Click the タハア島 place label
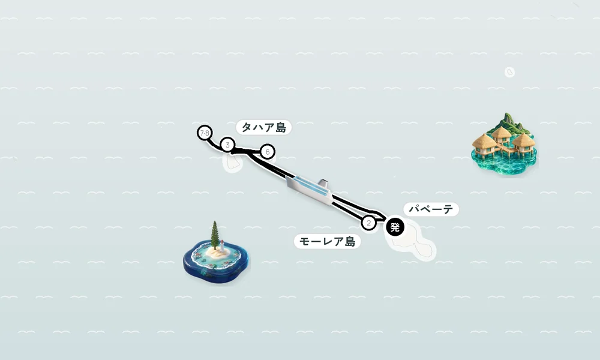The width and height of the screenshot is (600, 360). point(263,127)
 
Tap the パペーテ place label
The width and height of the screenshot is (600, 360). point(431,209)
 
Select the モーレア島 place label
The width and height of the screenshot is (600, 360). point(327,241)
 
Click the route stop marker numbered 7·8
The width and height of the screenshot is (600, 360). point(205,133)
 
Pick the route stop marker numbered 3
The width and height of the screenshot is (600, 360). point(227,145)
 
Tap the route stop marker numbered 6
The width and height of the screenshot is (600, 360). point(268,152)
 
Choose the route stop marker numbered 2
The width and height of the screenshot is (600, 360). point(368,223)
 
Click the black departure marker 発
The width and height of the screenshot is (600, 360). point(395,227)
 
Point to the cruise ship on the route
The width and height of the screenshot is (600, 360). point(309,190)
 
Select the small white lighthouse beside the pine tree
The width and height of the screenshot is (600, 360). point(222,247)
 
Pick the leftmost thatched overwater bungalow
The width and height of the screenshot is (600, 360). point(484,145)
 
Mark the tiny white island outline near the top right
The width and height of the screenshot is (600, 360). point(509,72)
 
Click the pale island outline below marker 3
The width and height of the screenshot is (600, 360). point(232,163)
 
